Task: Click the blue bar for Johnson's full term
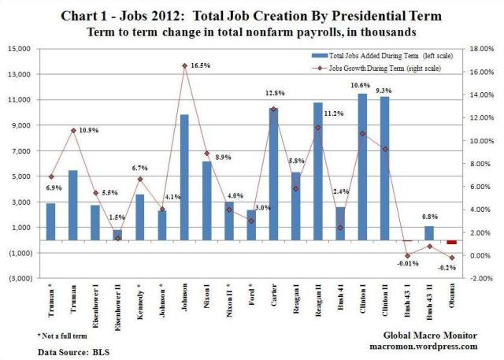[183, 177]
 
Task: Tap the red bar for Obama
[452, 243]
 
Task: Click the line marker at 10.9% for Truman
[94, 130]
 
